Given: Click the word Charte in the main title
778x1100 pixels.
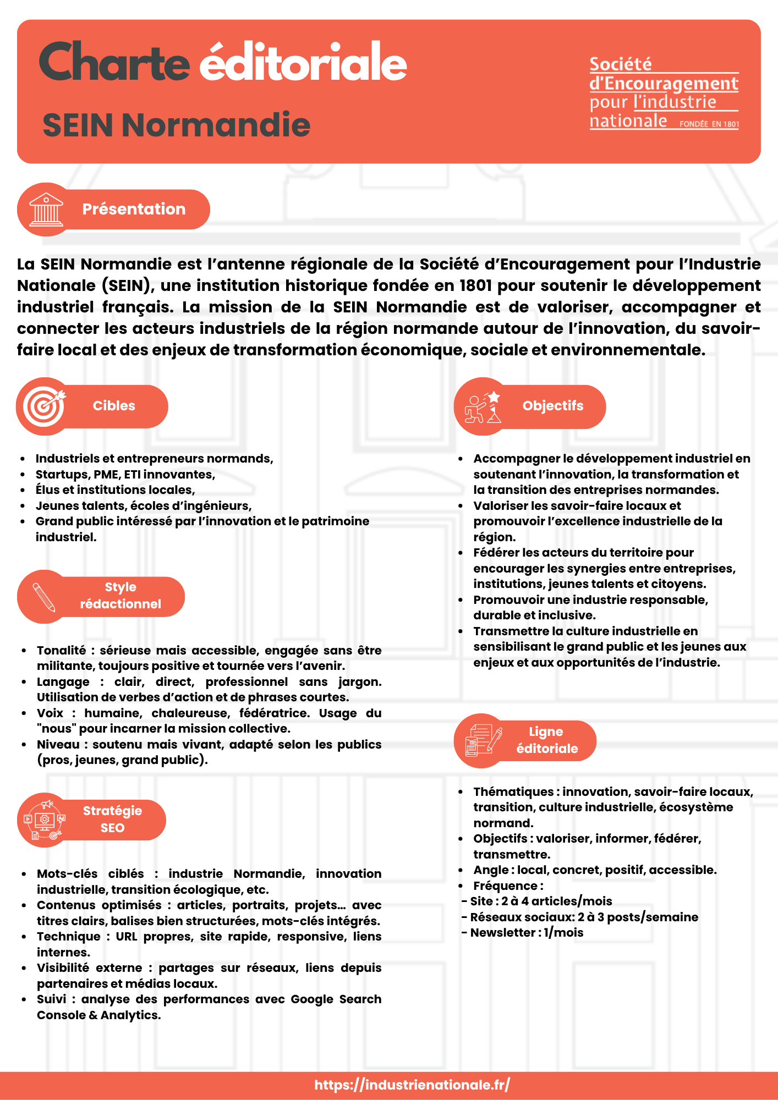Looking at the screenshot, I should coord(114,63).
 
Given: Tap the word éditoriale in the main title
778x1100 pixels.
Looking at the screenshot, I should coord(303,63).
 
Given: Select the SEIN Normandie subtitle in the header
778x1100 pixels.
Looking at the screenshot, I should coord(176,125).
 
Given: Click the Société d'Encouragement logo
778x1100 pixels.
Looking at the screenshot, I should coord(664,92).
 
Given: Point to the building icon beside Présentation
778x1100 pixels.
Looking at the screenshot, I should coord(46,210).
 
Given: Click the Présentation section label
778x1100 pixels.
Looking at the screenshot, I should coord(134,209).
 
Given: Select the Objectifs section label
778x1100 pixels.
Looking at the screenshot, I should coord(552,406).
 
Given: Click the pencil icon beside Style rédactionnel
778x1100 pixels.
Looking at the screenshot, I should coord(44,597).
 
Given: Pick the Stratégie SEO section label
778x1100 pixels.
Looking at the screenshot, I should coord(112,819).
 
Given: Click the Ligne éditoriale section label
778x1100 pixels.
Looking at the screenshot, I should coord(546,740).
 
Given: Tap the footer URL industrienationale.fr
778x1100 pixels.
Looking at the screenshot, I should coord(412,1085).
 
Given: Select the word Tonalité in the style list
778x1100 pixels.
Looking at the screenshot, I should coord(61,650).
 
